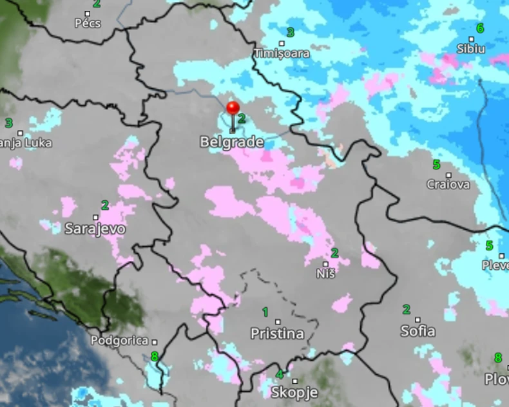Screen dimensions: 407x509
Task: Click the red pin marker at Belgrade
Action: coord(233,108)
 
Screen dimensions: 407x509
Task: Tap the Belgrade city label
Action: coord(232,142)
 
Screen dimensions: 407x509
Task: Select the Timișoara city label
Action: coord(282,53)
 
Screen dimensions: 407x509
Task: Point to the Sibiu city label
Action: coord(472,48)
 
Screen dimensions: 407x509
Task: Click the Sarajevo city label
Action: coord(95,228)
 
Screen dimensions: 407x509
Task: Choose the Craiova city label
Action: coord(448,184)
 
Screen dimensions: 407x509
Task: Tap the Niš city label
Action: coord(327,274)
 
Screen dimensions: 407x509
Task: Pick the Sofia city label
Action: coord(418,331)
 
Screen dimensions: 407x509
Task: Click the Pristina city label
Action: coord(277,334)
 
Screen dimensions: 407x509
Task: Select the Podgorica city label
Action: coord(120,341)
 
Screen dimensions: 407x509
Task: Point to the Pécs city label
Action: coord(88,24)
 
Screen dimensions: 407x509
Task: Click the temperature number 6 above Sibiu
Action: coord(480,28)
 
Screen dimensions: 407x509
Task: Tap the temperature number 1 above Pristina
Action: coord(265,312)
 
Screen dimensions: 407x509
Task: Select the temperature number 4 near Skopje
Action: coord(279,375)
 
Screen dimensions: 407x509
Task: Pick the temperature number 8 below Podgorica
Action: coord(155,355)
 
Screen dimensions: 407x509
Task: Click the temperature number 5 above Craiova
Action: coord(436,164)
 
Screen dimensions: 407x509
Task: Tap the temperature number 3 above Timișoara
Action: coord(291,32)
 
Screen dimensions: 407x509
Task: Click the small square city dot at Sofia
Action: coord(418,320)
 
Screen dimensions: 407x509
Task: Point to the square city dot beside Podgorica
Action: coord(155,341)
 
